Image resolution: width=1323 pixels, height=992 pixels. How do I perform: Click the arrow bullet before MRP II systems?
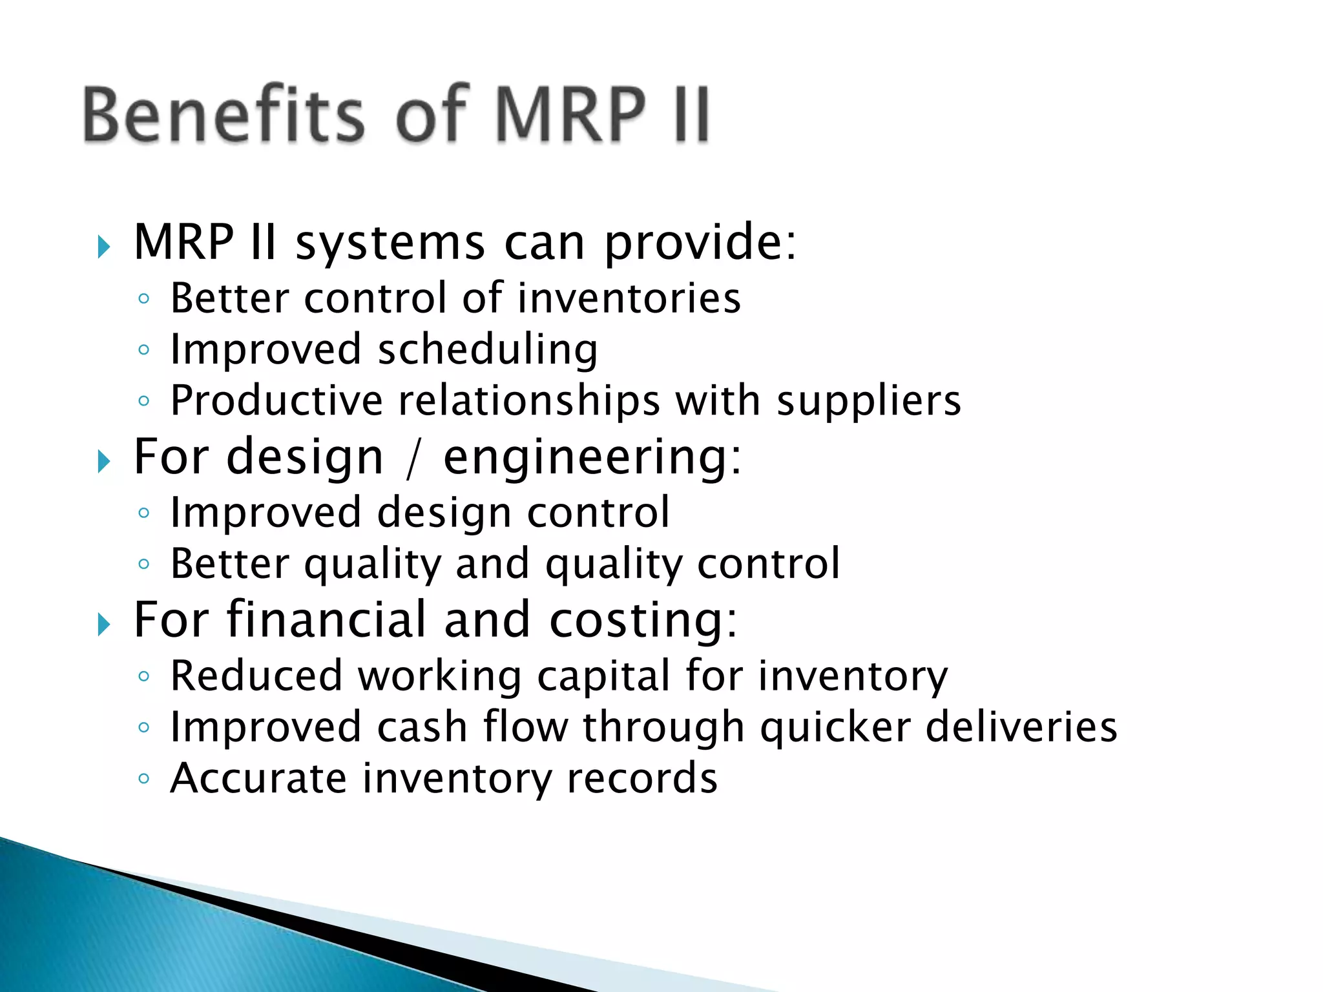coord(103,247)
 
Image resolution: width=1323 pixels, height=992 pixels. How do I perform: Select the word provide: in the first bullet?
coord(700,243)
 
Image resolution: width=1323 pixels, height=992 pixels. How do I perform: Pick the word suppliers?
coord(869,402)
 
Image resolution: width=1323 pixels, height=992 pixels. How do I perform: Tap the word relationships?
coord(529,400)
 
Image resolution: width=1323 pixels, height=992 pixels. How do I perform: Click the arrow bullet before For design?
coord(103,462)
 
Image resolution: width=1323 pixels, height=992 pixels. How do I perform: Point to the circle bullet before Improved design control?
coord(144,513)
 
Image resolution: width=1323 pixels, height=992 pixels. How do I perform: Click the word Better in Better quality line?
coord(230,563)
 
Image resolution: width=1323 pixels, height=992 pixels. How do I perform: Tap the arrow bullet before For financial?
coord(103,625)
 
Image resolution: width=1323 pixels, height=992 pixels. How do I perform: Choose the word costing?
coord(643,620)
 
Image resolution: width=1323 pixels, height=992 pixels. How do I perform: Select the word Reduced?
coord(256,676)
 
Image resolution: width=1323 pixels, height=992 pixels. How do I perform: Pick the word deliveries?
coord(1021,727)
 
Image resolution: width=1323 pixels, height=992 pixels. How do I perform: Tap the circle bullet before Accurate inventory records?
coord(144,779)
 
